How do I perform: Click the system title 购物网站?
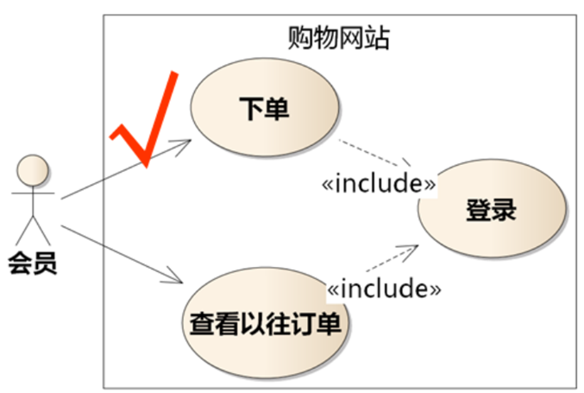[337, 37]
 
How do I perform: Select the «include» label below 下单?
[377, 183]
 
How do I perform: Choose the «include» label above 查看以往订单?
[384, 288]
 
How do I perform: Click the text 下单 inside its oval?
[263, 110]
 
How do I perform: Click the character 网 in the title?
[350, 37]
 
